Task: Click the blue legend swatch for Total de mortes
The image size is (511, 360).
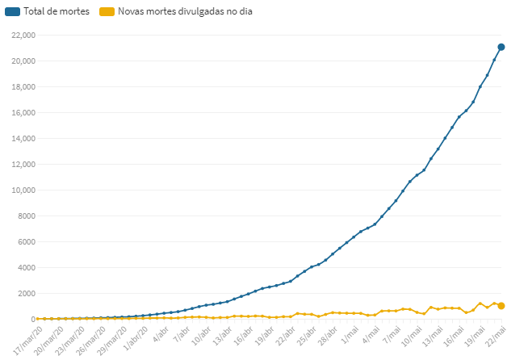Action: (12, 11)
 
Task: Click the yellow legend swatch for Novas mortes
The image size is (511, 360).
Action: (107, 11)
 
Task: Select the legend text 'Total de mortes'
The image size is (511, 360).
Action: (57, 11)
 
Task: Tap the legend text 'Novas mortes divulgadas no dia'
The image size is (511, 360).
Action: (185, 11)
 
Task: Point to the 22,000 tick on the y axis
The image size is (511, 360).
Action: (23, 36)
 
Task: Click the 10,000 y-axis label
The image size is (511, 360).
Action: (23, 190)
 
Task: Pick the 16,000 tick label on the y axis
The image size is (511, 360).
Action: (23, 113)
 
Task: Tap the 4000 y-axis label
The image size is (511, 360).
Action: (27, 268)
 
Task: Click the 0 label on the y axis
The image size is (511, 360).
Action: (33, 320)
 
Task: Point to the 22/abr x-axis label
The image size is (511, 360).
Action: (285, 337)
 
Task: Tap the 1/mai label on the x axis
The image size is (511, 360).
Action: (350, 335)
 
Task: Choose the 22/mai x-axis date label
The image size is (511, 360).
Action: (496, 337)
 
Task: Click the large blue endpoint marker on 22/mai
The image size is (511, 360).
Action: (501, 48)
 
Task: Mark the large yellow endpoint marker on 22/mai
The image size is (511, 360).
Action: (501, 306)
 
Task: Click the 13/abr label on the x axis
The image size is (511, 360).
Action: (222, 337)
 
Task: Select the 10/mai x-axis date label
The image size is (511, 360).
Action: (412, 337)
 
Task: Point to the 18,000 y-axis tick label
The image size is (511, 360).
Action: (23, 87)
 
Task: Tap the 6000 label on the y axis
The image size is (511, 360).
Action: (27, 242)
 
